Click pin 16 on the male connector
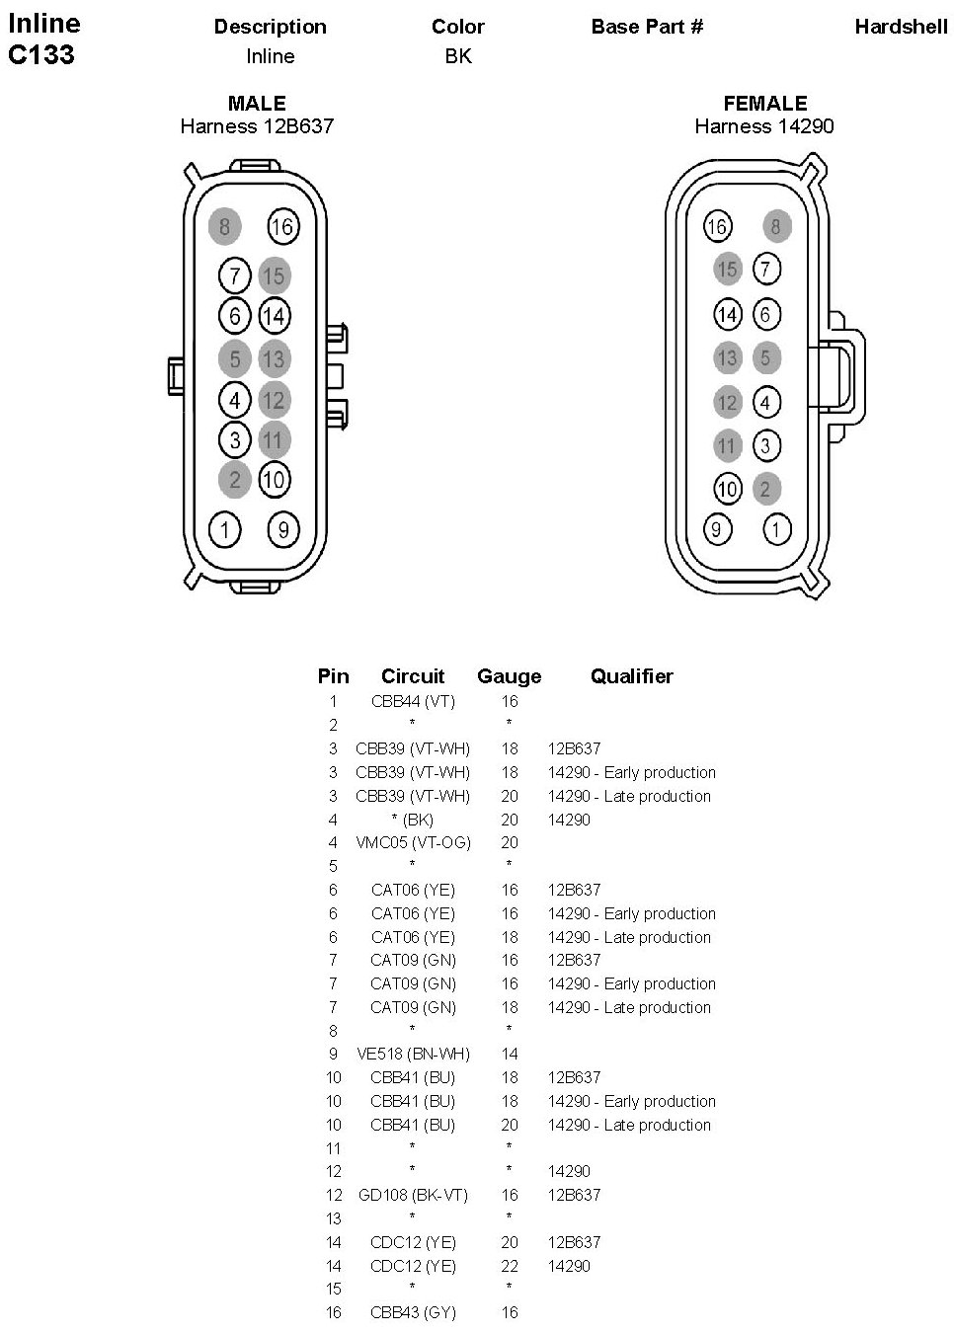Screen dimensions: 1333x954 (x=282, y=227)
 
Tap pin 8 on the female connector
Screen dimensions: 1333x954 (x=776, y=227)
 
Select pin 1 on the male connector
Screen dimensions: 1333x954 (x=225, y=530)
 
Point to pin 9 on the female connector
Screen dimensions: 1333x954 (x=717, y=529)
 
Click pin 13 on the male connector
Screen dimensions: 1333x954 (x=274, y=358)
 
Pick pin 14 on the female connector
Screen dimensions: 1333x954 (x=727, y=315)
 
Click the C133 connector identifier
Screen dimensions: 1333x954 (x=41, y=54)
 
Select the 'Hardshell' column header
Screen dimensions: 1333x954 (x=901, y=27)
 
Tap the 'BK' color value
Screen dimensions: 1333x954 (x=458, y=56)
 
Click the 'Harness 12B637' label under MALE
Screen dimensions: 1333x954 (x=257, y=126)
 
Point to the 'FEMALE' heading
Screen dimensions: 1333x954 (x=764, y=104)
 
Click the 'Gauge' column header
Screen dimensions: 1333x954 (x=509, y=676)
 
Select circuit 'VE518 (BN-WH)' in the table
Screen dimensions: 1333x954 (x=413, y=1054)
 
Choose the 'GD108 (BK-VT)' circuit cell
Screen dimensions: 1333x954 (x=413, y=1195)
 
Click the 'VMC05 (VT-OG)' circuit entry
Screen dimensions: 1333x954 (x=413, y=842)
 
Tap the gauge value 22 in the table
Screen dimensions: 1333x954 (x=509, y=1266)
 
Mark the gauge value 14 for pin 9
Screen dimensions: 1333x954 (x=509, y=1054)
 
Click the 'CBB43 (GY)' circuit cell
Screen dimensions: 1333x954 (x=413, y=1312)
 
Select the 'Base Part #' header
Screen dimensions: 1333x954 (x=647, y=27)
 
